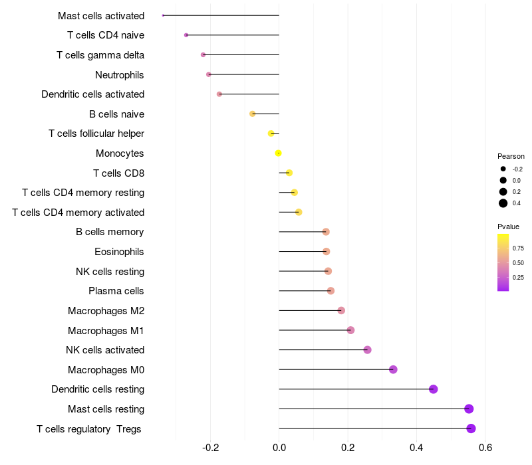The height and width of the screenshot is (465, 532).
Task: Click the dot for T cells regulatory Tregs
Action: pos(471,428)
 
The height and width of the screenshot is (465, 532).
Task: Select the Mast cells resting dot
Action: pos(469,409)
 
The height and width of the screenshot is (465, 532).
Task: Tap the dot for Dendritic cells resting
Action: pos(434,389)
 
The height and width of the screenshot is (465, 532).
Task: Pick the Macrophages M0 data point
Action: pos(393,369)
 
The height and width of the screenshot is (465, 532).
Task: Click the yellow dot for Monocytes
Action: pos(279,153)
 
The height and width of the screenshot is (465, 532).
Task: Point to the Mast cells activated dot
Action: pos(164,15)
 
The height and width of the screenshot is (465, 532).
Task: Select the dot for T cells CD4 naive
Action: pos(186,35)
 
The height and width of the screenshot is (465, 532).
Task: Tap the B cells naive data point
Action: pos(252,114)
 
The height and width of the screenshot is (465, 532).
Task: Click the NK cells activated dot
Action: pos(367,350)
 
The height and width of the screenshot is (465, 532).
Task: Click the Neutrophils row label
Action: pos(120,74)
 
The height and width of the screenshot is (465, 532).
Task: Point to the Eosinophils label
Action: pos(119,252)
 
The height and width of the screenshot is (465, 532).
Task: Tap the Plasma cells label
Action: pos(116,291)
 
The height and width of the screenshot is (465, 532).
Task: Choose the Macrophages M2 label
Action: pos(106,311)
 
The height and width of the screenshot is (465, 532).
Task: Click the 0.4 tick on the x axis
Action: pos(416,448)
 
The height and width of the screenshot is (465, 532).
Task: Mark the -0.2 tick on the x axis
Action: pos(210,448)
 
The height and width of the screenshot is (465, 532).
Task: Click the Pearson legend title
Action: pos(511,156)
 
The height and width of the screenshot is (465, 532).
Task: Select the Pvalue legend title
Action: pos(509,227)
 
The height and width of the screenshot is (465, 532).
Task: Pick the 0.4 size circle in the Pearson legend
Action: pos(503,203)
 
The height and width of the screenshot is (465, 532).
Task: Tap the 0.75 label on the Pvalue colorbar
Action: pos(518,248)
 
